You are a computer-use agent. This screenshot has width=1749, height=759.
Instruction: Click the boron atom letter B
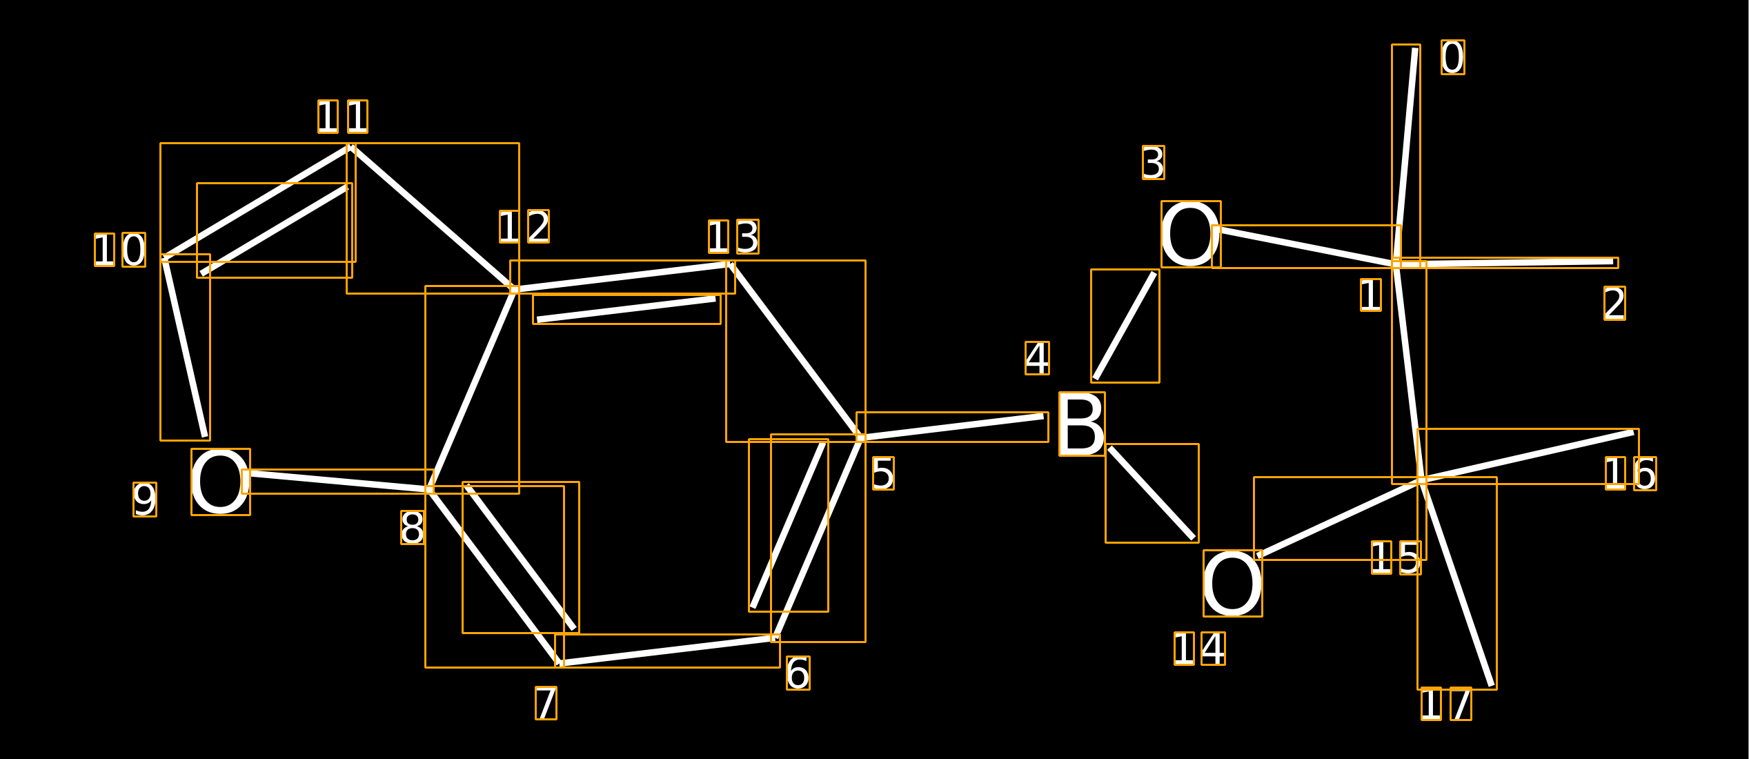[1082, 424]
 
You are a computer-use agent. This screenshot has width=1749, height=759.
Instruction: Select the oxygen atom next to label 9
[221, 482]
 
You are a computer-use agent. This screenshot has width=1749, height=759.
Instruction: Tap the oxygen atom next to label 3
[1191, 234]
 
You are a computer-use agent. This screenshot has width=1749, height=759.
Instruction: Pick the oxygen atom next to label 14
[1233, 583]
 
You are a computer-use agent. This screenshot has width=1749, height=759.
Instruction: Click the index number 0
[1453, 57]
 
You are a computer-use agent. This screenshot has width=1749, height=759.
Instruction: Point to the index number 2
[1614, 304]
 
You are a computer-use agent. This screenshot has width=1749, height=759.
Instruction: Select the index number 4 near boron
[1037, 358]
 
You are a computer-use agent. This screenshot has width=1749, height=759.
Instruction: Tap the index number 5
[883, 473]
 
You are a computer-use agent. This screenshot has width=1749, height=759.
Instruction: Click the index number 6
[798, 673]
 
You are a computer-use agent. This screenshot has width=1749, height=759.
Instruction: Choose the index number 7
[546, 703]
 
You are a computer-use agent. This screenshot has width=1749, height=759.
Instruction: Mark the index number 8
[413, 528]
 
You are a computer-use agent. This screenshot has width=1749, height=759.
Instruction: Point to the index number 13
[733, 237]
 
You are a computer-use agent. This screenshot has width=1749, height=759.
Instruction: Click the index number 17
[1446, 704]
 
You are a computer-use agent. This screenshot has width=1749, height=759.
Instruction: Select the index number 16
[1631, 473]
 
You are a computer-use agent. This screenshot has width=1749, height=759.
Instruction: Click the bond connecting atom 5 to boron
[952, 427]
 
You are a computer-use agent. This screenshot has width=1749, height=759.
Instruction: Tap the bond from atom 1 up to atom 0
[1406, 156]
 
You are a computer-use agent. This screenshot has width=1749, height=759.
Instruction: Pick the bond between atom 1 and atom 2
[1505, 263]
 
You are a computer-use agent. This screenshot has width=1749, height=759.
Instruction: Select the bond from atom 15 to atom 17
[1457, 583]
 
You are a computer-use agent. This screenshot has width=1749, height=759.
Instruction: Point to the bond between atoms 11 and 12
[433, 218]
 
